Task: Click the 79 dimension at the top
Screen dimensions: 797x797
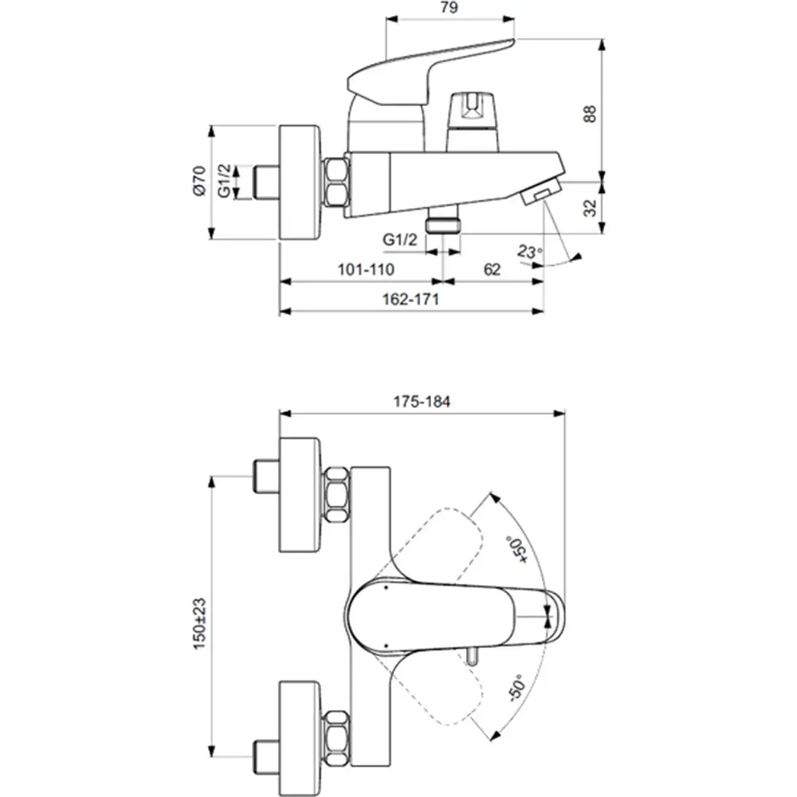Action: [x=450, y=10]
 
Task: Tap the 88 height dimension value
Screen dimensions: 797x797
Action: [x=591, y=113]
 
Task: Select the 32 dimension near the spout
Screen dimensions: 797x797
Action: [x=591, y=208]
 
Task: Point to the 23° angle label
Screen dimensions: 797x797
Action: [x=528, y=253]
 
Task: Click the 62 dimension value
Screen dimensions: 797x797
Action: [x=492, y=269]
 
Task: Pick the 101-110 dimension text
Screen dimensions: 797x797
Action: [x=366, y=269]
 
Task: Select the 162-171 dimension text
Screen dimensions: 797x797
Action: [x=411, y=299]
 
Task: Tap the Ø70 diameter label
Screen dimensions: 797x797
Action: [x=199, y=181]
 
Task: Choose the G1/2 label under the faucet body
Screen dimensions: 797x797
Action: [x=400, y=238]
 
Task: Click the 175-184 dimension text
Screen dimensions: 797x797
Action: [x=421, y=402]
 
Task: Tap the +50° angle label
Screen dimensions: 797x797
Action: [x=516, y=549]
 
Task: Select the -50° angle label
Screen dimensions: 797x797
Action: [x=516, y=687]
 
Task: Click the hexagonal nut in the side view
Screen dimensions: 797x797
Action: [x=336, y=183]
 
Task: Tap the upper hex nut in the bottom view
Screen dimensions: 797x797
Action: [x=336, y=496]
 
